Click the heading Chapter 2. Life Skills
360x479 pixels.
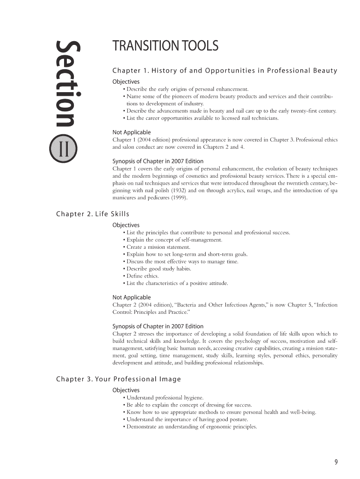pos(92,214)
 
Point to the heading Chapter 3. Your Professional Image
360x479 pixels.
pos(118,379)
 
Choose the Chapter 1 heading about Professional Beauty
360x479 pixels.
pos(225,71)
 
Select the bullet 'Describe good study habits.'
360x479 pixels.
pos(158,269)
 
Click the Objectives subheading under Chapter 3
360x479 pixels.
pos(126,390)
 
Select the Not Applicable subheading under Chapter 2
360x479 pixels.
pos(132,297)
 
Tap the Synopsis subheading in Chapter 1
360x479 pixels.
pos(158,161)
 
